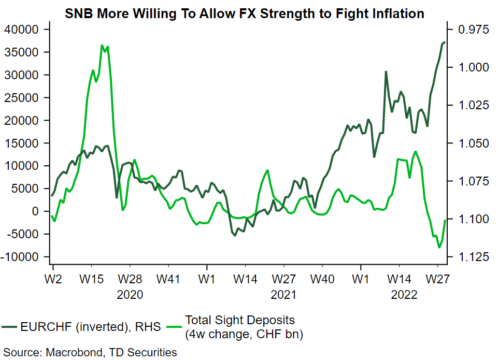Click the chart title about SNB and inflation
pos(245,14)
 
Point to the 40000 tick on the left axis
pos(21,30)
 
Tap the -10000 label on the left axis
pos(21,257)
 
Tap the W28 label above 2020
pos(130,280)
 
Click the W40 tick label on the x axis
pos(322,280)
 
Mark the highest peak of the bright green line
pos(102,46)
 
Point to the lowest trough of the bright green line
pos(439,248)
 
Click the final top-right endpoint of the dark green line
pos(445,42)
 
